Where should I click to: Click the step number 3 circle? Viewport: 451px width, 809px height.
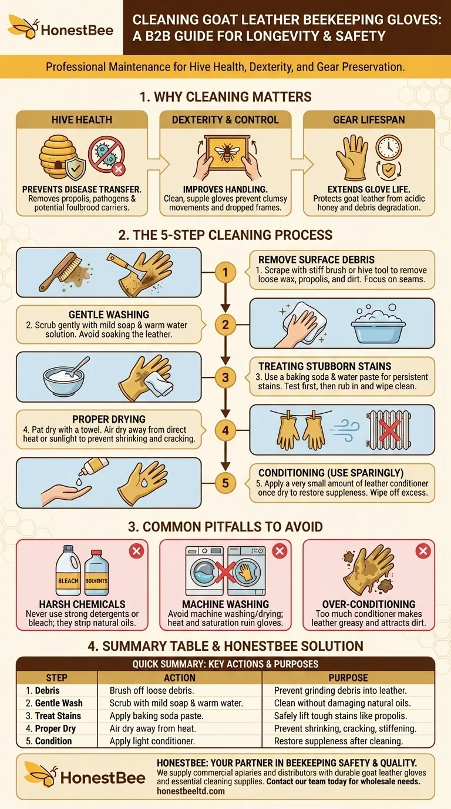pyautogui.click(x=225, y=377)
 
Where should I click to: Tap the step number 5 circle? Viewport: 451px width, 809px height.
pyautogui.click(x=225, y=483)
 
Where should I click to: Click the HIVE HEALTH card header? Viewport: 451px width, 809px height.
pyautogui.click(x=82, y=119)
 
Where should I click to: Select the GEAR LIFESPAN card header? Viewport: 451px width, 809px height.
pyautogui.click(x=369, y=119)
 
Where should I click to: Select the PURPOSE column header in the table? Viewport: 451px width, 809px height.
pyautogui.click(x=348, y=677)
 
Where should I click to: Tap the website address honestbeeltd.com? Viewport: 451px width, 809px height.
pyautogui.click(x=191, y=791)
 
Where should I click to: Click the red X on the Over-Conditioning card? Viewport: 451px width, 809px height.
pyautogui.click(x=423, y=551)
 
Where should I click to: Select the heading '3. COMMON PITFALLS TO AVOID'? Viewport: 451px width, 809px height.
pyautogui.click(x=225, y=526)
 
